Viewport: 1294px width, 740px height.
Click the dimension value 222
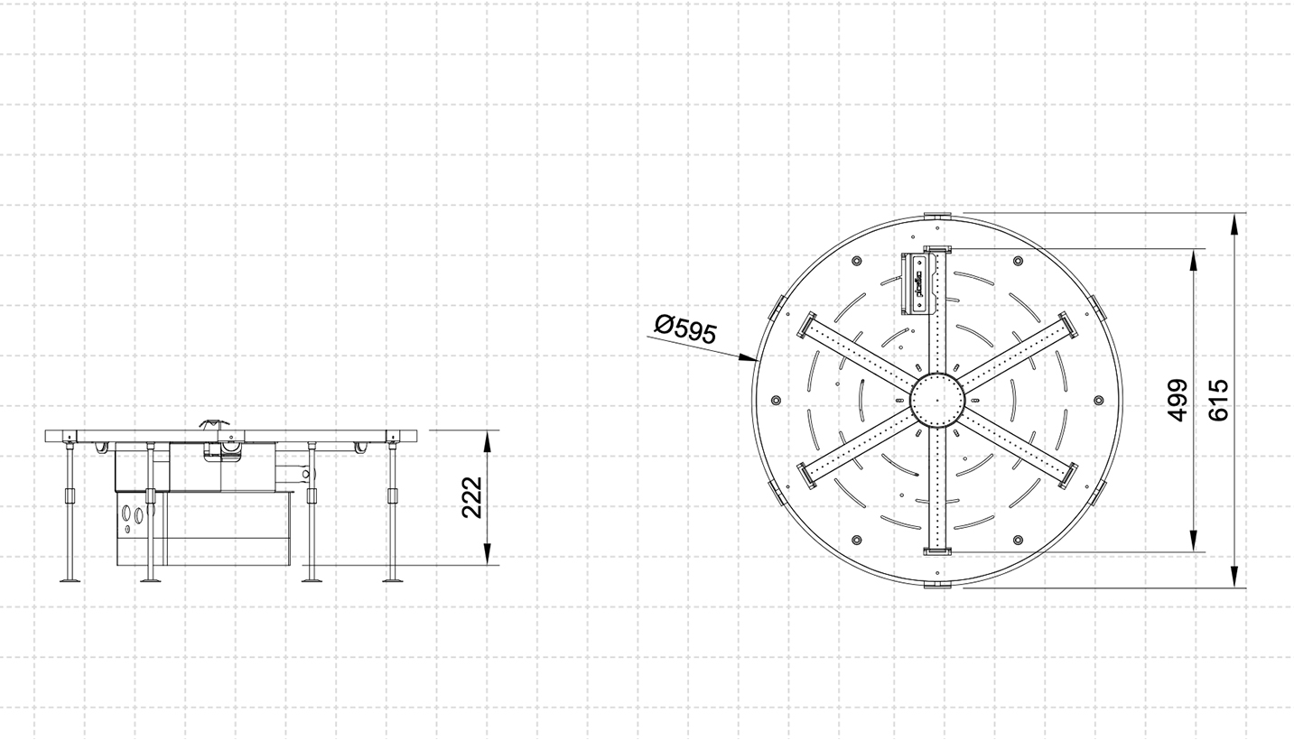coord(472,497)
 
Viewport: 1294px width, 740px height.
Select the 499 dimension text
coord(1177,400)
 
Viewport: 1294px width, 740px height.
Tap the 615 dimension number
coord(1218,400)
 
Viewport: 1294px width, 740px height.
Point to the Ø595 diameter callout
coord(685,329)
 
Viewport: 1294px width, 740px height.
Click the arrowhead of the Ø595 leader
coord(749,358)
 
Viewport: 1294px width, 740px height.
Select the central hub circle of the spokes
coord(937,400)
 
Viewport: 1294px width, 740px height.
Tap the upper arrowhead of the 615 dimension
coord(1234,224)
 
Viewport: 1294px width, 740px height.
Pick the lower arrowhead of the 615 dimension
coord(1234,577)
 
